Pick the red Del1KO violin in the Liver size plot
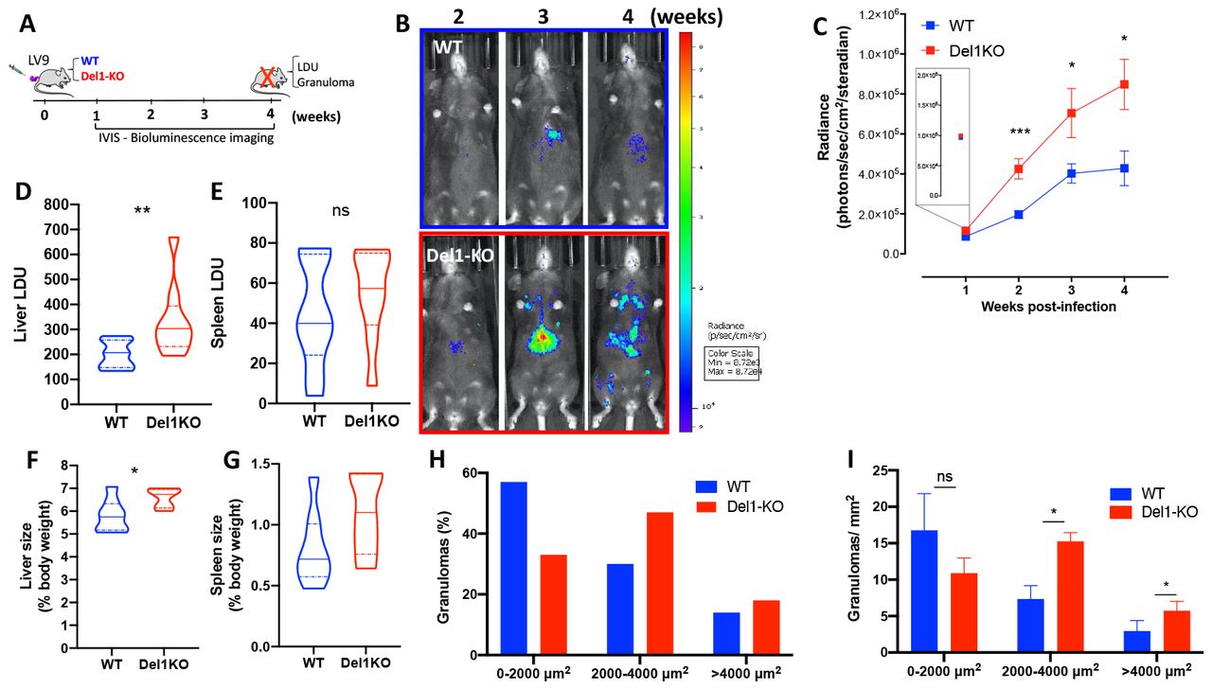pyautogui.click(x=170, y=499)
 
